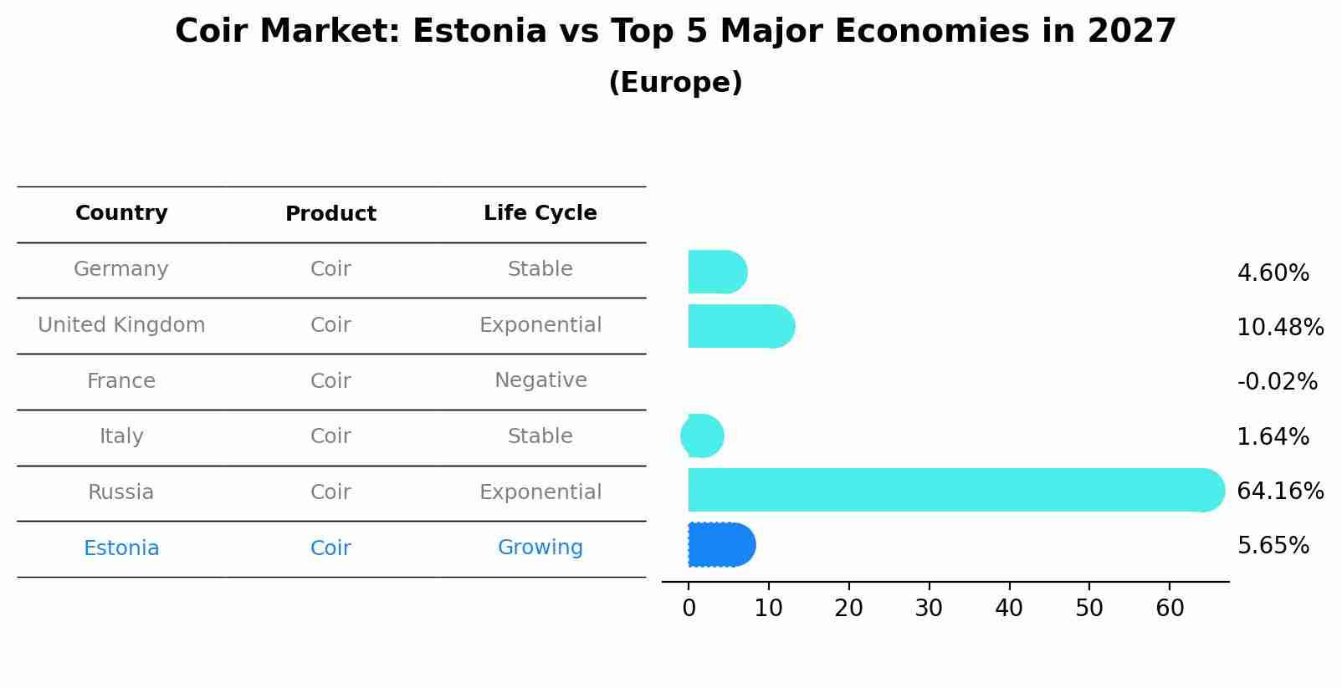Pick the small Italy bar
pos(703,436)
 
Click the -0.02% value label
pos(1277,382)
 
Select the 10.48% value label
pos(1279,327)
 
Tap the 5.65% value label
pos(1273,546)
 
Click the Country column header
pos(121,213)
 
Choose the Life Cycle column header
pos(540,213)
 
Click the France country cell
pos(121,381)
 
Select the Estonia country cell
pos(121,548)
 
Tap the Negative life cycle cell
pos(540,380)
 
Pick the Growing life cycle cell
pos(540,548)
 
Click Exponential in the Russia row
pos(540,492)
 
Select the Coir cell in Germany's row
pos(330,269)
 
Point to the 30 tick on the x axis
pos(929,609)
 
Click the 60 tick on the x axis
pos(1170,609)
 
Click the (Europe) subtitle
pos(675,83)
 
